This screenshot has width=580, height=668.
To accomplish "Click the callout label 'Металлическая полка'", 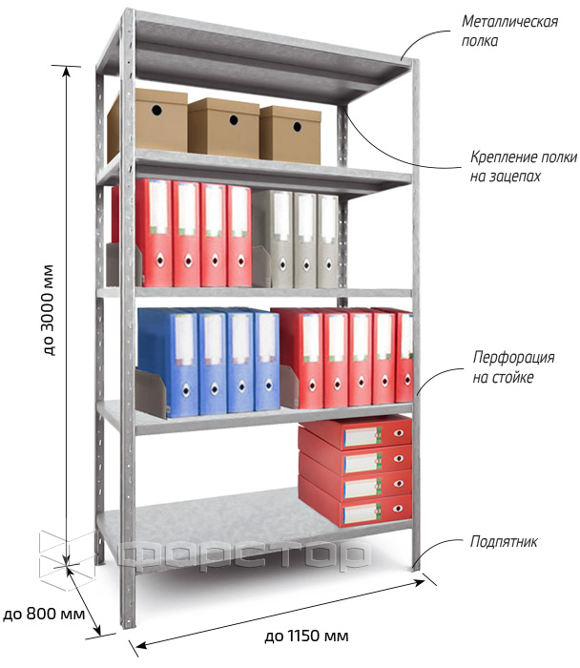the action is coord(509,31).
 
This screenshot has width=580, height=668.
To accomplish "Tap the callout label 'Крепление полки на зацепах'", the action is coord(524,167).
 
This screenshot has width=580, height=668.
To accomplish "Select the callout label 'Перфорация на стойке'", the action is coord(513,366).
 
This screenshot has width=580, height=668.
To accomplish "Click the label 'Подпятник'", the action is coord(504,542).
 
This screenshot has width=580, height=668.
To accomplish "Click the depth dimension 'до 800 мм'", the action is coord(44,614).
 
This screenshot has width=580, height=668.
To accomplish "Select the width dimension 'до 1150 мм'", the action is coord(306,637).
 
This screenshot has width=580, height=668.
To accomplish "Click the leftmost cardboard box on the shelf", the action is coord(147,122).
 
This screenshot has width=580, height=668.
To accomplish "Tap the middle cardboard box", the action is coord(223,128).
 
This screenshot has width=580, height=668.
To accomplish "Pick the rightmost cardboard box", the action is coord(290,136).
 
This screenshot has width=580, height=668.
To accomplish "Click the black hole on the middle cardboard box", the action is coord(234,119).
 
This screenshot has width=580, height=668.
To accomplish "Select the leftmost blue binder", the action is coord(168,363).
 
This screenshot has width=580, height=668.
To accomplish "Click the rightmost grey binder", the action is coord(327,240).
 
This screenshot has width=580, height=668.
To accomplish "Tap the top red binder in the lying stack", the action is coord(355,433).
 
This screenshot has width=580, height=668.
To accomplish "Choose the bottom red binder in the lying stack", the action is coord(355,511).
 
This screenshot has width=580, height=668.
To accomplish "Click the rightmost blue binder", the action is coord(267,361).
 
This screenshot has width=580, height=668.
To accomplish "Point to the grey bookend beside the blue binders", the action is coord(151,394).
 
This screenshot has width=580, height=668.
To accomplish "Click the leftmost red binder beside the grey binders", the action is coord(155,233).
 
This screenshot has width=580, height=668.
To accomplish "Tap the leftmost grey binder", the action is coord(273,239).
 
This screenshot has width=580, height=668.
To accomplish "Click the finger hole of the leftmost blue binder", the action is coord(186,389).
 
